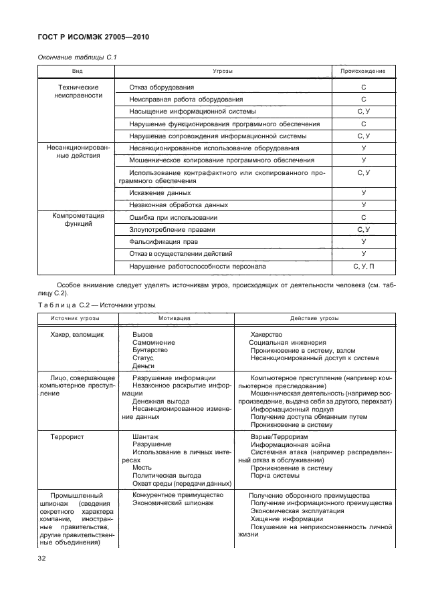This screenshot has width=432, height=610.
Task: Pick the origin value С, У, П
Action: tap(363, 267)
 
